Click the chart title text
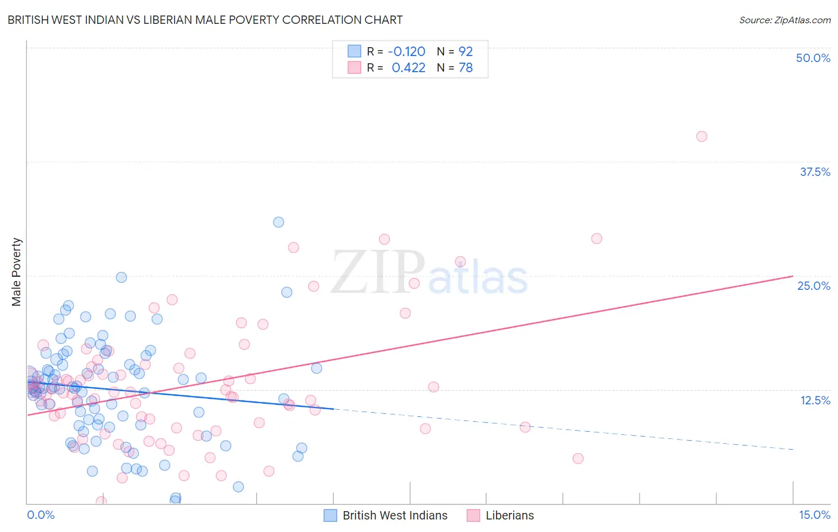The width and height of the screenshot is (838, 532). pos(205,20)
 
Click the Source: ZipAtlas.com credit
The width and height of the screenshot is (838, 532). pos(784,20)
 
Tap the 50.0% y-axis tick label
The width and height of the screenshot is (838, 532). pos(813,58)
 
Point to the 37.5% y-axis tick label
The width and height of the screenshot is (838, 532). pos(815,172)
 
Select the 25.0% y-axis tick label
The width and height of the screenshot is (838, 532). pos(814,286)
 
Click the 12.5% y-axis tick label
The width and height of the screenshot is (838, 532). pos(815,400)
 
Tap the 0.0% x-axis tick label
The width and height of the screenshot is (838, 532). pos(41,515)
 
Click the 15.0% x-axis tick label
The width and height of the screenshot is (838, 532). pos(814,515)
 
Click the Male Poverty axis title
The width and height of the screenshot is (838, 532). pos(17,272)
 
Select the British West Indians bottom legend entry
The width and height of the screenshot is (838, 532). pos(386,515)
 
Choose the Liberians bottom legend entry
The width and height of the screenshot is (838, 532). pos(500,515)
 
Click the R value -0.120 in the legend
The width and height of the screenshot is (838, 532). pos(406,52)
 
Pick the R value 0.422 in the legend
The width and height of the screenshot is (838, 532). pos(408,68)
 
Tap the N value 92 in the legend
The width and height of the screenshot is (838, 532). pos(465,52)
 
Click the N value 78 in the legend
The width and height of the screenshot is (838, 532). pos(465,68)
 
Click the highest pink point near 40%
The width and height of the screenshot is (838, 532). pos(702,137)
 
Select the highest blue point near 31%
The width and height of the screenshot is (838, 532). pos(278,222)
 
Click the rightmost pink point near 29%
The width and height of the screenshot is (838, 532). pos(597,239)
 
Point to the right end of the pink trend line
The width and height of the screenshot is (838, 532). pos(792,276)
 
